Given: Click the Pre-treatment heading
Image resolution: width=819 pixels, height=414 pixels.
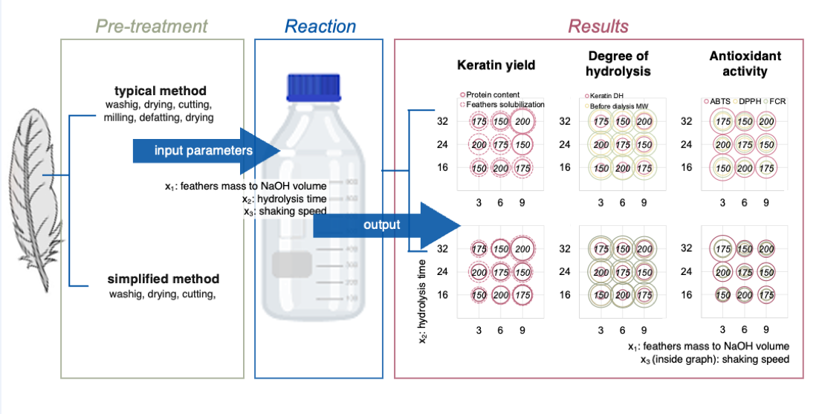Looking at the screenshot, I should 152,27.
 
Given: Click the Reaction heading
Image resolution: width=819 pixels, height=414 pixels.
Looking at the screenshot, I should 320,27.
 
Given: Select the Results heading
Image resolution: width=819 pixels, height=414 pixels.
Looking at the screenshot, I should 598,27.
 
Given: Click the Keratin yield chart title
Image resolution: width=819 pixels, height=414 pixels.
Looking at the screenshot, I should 496,65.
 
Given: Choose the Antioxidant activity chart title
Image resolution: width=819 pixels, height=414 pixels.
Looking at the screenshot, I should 735,64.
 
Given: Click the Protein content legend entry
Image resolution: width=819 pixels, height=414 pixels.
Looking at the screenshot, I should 493,95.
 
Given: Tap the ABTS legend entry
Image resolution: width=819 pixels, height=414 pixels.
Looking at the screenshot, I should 717,100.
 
